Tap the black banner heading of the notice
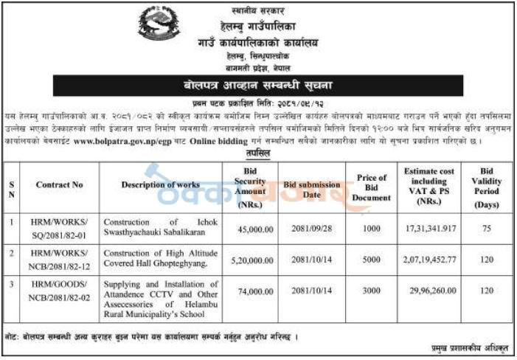tap(259, 86)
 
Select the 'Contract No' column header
tap(59, 184)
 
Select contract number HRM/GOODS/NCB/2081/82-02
tap(59, 291)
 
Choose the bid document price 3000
tap(371, 291)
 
